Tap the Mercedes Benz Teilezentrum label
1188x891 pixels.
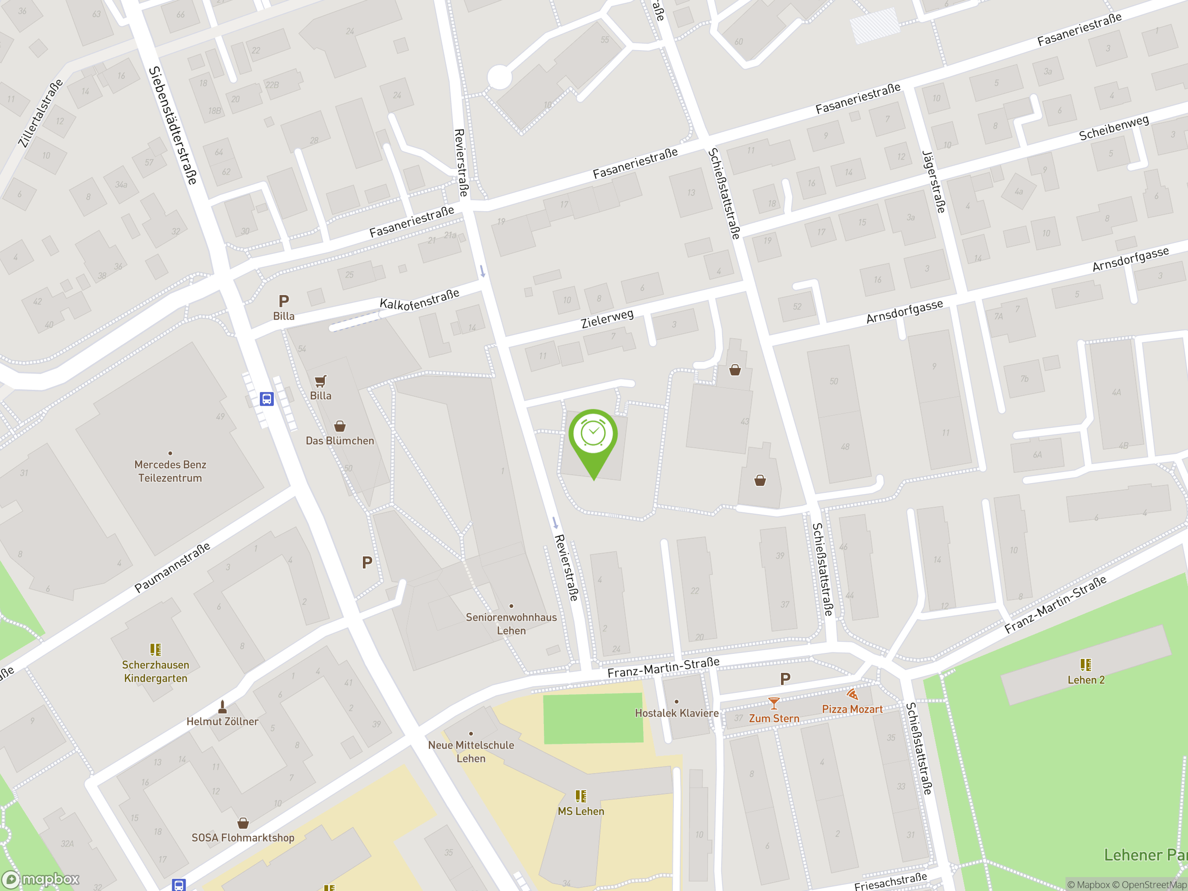click(x=170, y=471)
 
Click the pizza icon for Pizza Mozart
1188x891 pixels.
click(x=852, y=694)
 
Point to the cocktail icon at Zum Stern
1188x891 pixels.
click(x=774, y=703)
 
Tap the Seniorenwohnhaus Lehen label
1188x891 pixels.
click(x=511, y=624)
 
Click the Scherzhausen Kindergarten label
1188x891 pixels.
click(x=156, y=671)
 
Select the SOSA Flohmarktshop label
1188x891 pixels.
click(x=243, y=837)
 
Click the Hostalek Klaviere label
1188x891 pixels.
click(x=676, y=713)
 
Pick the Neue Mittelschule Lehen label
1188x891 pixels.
click(x=471, y=751)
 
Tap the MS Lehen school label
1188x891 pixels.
click(x=581, y=811)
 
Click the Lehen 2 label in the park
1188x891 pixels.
click(x=1085, y=680)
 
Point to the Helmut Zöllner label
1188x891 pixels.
click(x=222, y=721)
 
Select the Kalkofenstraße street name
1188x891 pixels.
click(x=420, y=300)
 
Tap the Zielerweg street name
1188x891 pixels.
click(x=607, y=318)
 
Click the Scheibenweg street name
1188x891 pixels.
click(x=1114, y=128)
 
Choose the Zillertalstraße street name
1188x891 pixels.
click(x=40, y=113)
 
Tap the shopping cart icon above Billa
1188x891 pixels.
click(x=321, y=381)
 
